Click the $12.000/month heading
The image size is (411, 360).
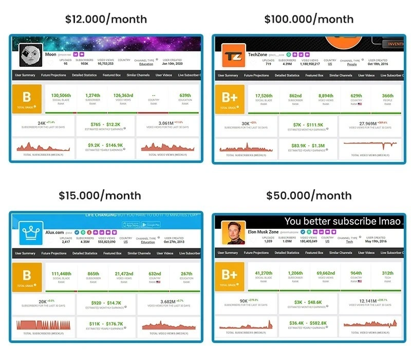(106, 20)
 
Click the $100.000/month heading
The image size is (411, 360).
(309, 20)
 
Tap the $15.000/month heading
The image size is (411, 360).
(100, 195)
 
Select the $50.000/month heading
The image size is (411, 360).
(309, 195)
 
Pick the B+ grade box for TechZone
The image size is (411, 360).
(230, 98)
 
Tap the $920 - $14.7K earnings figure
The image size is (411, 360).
(106, 302)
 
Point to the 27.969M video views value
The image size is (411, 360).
(362, 124)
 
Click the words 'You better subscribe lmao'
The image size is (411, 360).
(343, 222)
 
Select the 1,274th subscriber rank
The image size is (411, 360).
(92, 95)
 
